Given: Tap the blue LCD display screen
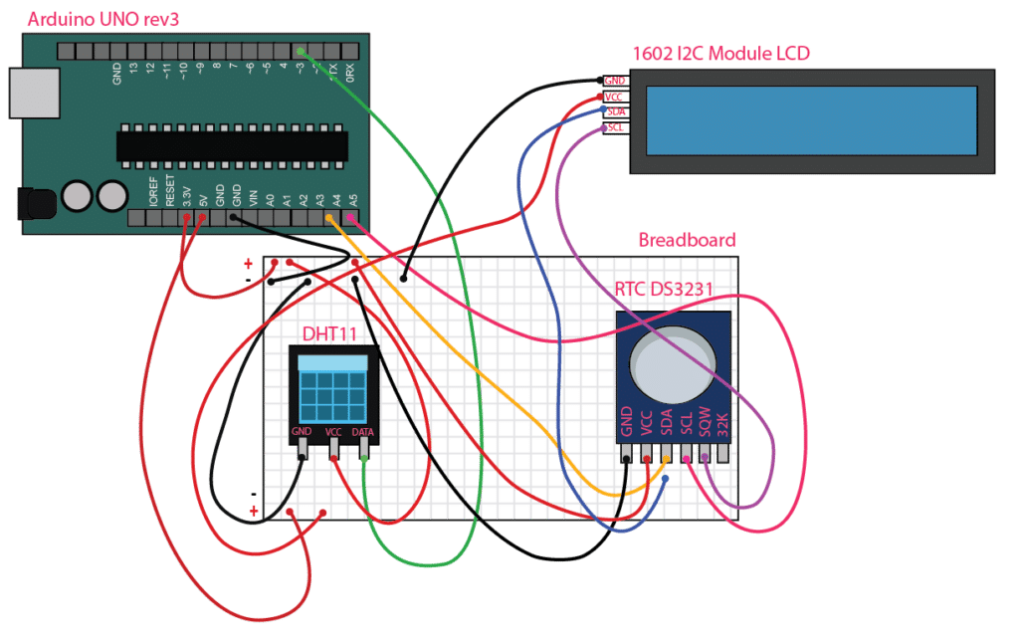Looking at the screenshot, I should [811, 119].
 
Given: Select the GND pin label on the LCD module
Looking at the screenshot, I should [616, 81].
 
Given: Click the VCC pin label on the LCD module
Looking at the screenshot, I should [616, 97].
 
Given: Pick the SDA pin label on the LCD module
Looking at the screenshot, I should [616, 112].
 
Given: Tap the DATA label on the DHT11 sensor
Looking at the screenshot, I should [364, 432].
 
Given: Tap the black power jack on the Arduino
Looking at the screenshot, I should [38, 204].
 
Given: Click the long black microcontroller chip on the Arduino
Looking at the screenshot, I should [232, 145].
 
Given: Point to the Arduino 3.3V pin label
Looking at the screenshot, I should [186, 194].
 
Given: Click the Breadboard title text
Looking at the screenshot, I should [686, 241].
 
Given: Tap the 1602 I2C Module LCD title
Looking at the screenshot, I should [721, 53].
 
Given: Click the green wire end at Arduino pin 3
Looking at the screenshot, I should [300, 50].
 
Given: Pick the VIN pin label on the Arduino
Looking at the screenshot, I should [253, 197].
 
